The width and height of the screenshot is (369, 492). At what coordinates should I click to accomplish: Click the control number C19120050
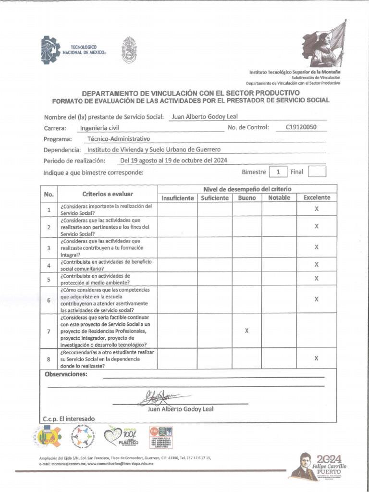click(301, 128)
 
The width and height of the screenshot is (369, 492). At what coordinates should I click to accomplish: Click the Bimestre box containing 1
click(278, 172)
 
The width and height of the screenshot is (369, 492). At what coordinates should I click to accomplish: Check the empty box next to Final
click(317, 172)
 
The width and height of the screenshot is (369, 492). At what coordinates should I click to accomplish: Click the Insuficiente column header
click(177, 198)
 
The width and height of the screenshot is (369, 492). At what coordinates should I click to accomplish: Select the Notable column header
click(279, 198)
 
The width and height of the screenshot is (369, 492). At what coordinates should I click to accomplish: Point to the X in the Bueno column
click(246, 331)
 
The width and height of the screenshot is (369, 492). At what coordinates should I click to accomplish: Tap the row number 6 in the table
click(49, 300)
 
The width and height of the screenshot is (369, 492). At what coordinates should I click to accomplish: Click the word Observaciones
click(66, 374)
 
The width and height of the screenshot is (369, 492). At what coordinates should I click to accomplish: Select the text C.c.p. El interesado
click(69, 418)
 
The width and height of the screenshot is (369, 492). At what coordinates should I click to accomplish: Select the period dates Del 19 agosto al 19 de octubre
click(173, 160)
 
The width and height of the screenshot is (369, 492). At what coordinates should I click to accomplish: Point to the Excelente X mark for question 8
click(316, 358)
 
